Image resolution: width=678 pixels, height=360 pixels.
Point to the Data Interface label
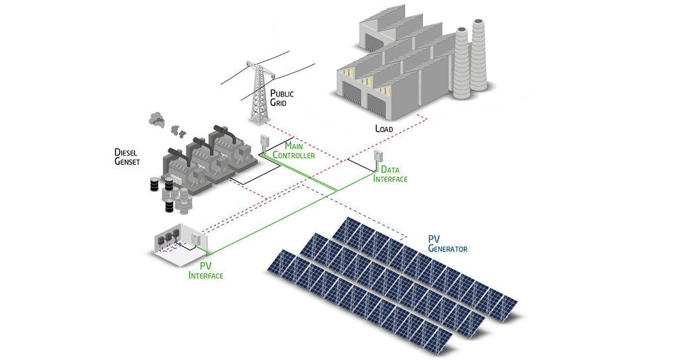click(390, 174)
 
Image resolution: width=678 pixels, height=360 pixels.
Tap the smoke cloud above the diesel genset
click(159, 120)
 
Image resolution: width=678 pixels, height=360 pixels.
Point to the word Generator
click(448, 248)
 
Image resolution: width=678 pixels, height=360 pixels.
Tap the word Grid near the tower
click(278, 103)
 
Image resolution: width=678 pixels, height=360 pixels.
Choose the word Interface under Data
click(390, 179)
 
